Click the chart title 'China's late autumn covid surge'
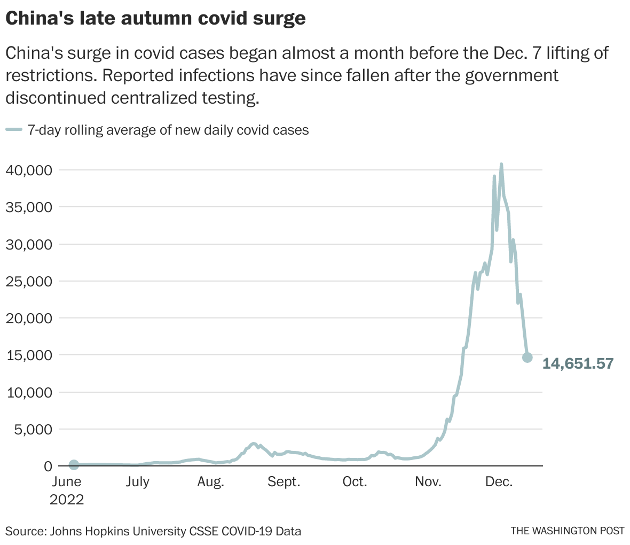click(155, 18)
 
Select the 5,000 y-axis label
click(33, 430)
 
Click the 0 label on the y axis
click(48, 466)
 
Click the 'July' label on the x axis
click(137, 482)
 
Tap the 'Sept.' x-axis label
click(284, 482)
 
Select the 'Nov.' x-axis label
click(428, 482)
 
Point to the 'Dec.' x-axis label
click(499, 482)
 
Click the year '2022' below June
click(67, 500)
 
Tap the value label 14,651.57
click(578, 364)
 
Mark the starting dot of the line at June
click(74, 465)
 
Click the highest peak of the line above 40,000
click(501, 165)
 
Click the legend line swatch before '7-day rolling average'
click(14, 130)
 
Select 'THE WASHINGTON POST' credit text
click(567, 531)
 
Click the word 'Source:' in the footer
click(25, 531)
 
